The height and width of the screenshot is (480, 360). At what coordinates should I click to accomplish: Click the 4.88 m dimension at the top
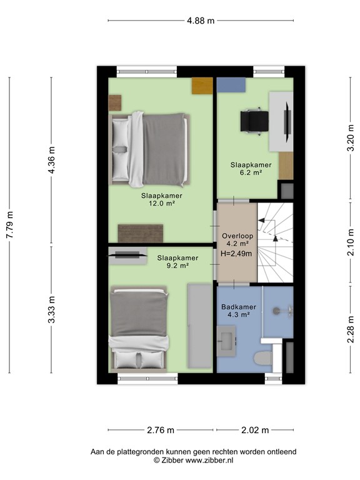click(201, 21)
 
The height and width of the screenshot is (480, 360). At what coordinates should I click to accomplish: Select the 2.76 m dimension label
click(162, 430)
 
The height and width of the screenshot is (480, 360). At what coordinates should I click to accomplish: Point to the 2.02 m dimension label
click(255, 430)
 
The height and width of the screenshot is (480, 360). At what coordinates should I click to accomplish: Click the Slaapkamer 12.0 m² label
click(157, 199)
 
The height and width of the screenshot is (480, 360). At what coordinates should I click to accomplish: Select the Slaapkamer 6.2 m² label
click(246, 169)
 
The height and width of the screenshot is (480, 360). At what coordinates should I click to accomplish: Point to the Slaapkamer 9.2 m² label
click(177, 261)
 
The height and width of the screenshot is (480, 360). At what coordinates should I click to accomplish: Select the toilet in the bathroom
click(263, 358)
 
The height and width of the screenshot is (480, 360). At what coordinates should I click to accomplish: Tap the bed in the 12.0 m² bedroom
click(150, 149)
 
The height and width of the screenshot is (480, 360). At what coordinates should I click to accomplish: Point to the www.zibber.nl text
click(207, 460)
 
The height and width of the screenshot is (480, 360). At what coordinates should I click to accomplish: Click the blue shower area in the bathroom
click(278, 311)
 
